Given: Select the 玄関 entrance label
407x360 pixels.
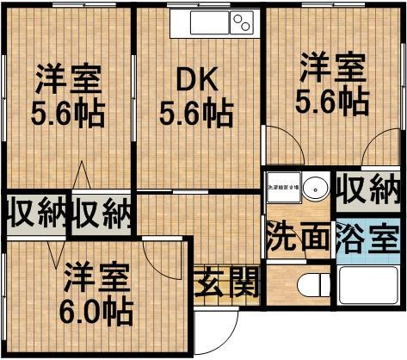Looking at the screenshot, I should [226, 282].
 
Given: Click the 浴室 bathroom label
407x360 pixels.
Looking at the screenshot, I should [367, 235].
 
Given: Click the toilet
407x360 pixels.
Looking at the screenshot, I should [307, 287].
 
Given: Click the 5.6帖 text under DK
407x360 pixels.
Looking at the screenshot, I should [197, 113].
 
